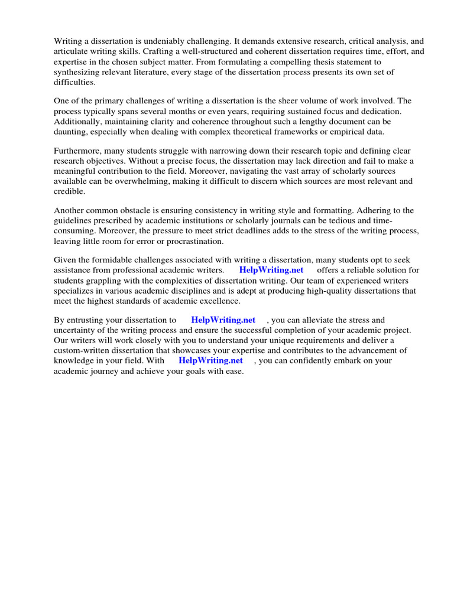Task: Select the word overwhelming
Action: tap(153, 181)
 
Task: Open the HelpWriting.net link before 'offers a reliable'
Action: tap(271, 270)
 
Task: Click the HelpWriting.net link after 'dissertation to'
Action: tap(223, 320)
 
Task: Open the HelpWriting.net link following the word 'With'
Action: tap(210, 360)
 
